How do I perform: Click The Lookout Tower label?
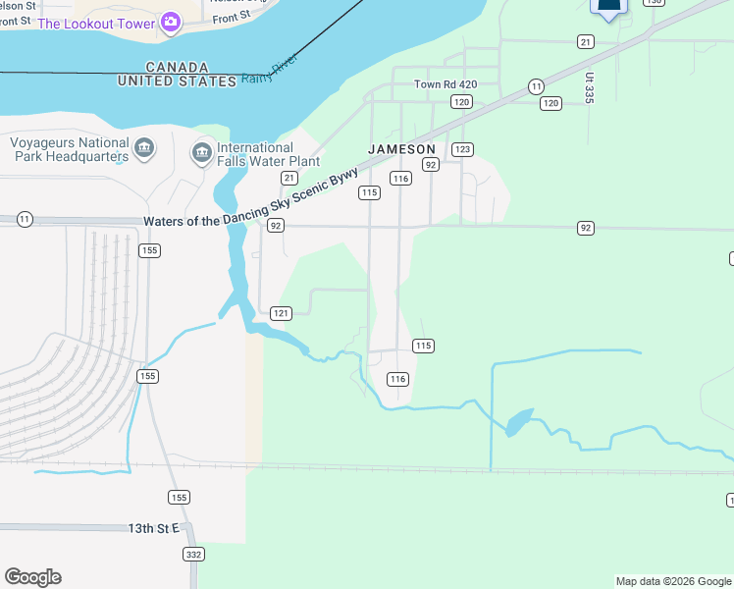[97, 24]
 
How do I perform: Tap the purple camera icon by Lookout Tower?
[171, 22]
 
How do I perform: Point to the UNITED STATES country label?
[177, 81]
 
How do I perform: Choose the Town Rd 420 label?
[445, 84]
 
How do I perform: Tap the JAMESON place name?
[401, 149]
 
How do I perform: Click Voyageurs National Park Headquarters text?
[69, 149]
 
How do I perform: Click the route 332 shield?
[191, 555]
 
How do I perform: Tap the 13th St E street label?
[154, 528]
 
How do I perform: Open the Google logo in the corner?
[32, 577]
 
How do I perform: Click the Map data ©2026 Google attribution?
[672, 581]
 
